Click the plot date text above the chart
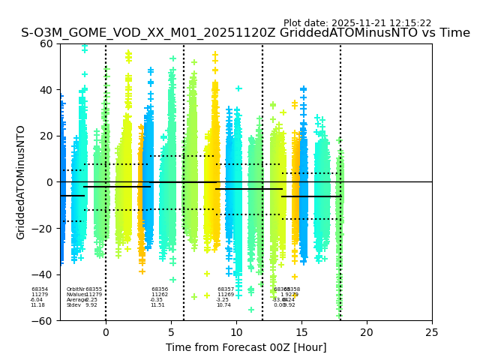click(x=357, y=23)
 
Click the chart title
click(x=245, y=33)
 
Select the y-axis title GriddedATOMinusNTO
click(x=21, y=182)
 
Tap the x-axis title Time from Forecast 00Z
click(x=246, y=347)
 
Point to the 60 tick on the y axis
click(x=46, y=43)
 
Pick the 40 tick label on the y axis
click(x=46, y=90)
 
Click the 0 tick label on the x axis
click(x=106, y=332)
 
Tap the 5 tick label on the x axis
click(x=171, y=332)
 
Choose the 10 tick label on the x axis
click(x=236, y=332)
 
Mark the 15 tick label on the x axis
click(x=301, y=332)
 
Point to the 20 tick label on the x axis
click(x=367, y=332)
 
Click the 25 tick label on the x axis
click(x=432, y=332)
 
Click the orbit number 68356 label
click(x=160, y=289)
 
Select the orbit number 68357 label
click(x=226, y=289)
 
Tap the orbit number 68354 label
click(x=40, y=289)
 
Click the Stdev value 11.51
click(x=157, y=305)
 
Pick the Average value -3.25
click(x=223, y=300)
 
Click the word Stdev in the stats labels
click(x=73, y=305)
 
